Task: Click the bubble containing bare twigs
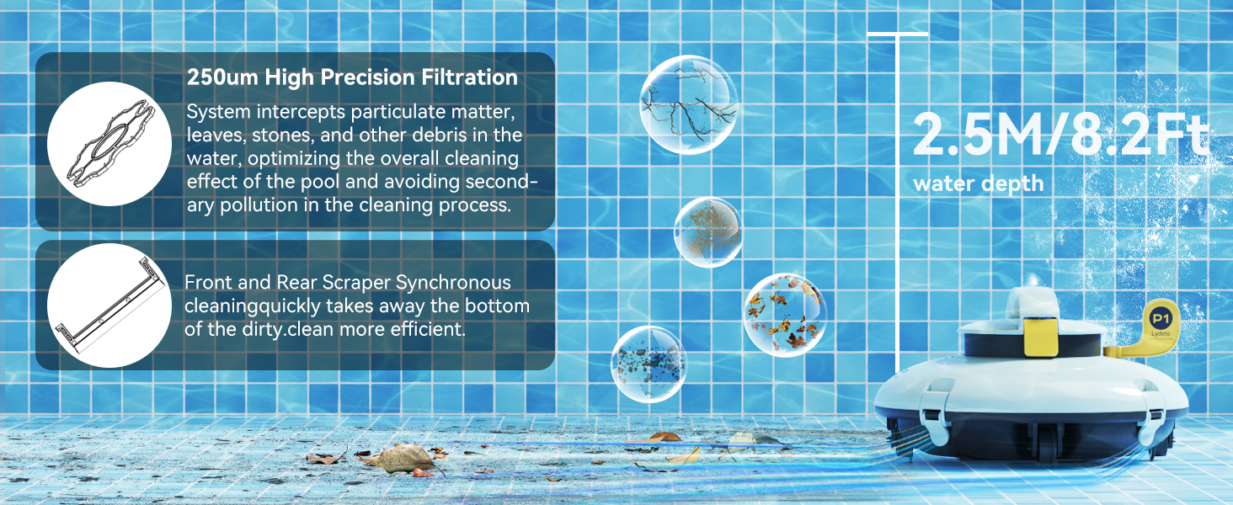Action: [x=688, y=104]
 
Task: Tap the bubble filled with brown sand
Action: [x=708, y=232]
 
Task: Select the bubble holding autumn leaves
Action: [x=785, y=316]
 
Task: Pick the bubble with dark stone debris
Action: [x=649, y=364]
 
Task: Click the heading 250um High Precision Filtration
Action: [x=352, y=77]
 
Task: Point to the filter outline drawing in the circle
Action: [x=110, y=144]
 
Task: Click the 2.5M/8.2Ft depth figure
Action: [x=1060, y=135]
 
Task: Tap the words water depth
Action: [x=978, y=183]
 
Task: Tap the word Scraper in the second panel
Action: [x=356, y=283]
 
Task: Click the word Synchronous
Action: [x=454, y=283]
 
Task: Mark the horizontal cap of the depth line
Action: [x=897, y=35]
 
